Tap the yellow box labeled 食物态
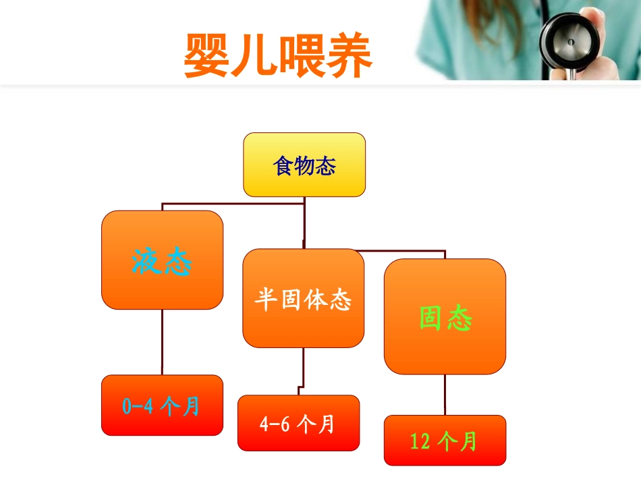click(304, 165)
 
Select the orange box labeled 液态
click(162, 260)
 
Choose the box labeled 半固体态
click(304, 298)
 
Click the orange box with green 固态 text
click(445, 316)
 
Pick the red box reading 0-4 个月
click(162, 405)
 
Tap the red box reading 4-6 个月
click(298, 423)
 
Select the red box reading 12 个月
click(445, 441)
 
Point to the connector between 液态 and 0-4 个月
click(162, 342)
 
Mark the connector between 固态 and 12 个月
click(445, 395)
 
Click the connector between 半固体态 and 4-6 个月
click(303, 370)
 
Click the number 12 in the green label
click(420, 441)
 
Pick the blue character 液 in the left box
click(147, 261)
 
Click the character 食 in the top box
click(283, 165)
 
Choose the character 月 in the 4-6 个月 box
click(327, 424)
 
